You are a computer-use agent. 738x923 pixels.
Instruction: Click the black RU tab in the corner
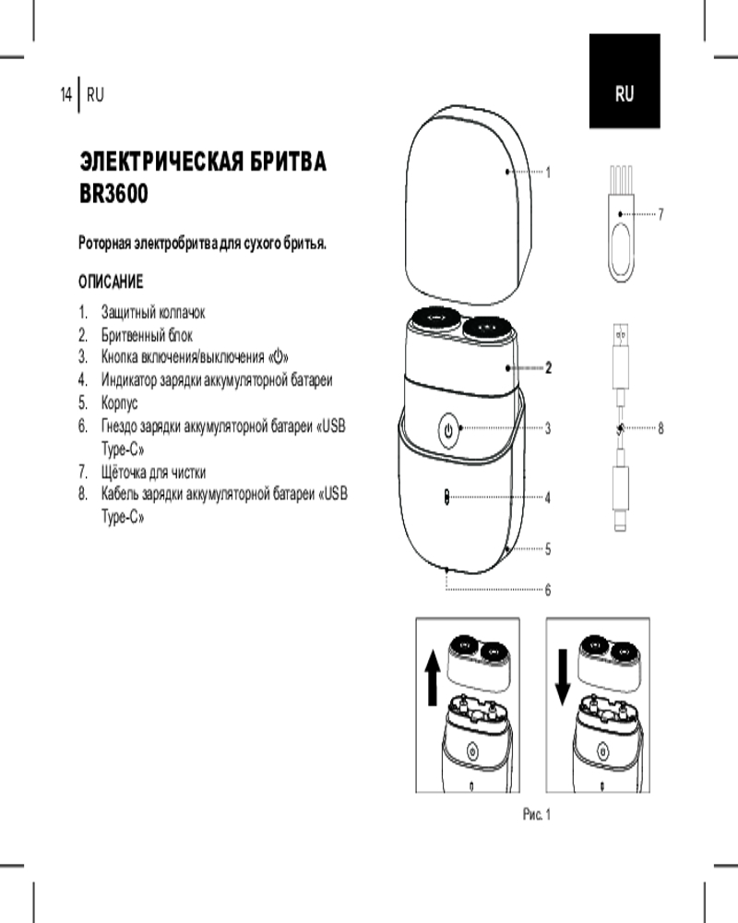pyautogui.click(x=625, y=80)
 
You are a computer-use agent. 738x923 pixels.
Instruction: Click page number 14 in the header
pyautogui.click(x=65, y=94)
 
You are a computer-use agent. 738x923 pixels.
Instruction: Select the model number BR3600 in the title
pyautogui.click(x=113, y=193)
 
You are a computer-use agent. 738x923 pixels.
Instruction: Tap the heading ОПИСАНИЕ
pyautogui.click(x=111, y=282)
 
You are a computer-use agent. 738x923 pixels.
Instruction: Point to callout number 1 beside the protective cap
pyautogui.click(x=548, y=173)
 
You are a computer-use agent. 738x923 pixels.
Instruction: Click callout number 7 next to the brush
pyautogui.click(x=661, y=214)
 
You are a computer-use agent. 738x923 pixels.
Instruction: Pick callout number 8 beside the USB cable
pyautogui.click(x=661, y=428)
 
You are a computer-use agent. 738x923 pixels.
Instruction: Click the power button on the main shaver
pyautogui.click(x=448, y=430)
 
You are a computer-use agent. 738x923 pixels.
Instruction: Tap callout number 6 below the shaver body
pyautogui.click(x=548, y=590)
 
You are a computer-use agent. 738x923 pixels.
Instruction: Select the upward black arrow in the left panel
pyautogui.click(x=433, y=677)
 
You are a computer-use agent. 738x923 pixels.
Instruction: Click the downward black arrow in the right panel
pyautogui.click(x=563, y=677)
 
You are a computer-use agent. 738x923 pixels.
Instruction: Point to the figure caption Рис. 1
pyautogui.click(x=537, y=815)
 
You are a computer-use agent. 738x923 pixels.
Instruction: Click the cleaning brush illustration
pyautogui.click(x=621, y=223)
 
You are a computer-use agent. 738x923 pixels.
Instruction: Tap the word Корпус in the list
pyautogui.click(x=120, y=403)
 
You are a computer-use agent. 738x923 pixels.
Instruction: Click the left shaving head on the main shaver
pyautogui.click(x=436, y=319)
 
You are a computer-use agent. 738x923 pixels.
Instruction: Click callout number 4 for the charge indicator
pyautogui.click(x=548, y=498)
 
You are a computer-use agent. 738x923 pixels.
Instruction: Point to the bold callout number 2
pyautogui.click(x=549, y=368)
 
